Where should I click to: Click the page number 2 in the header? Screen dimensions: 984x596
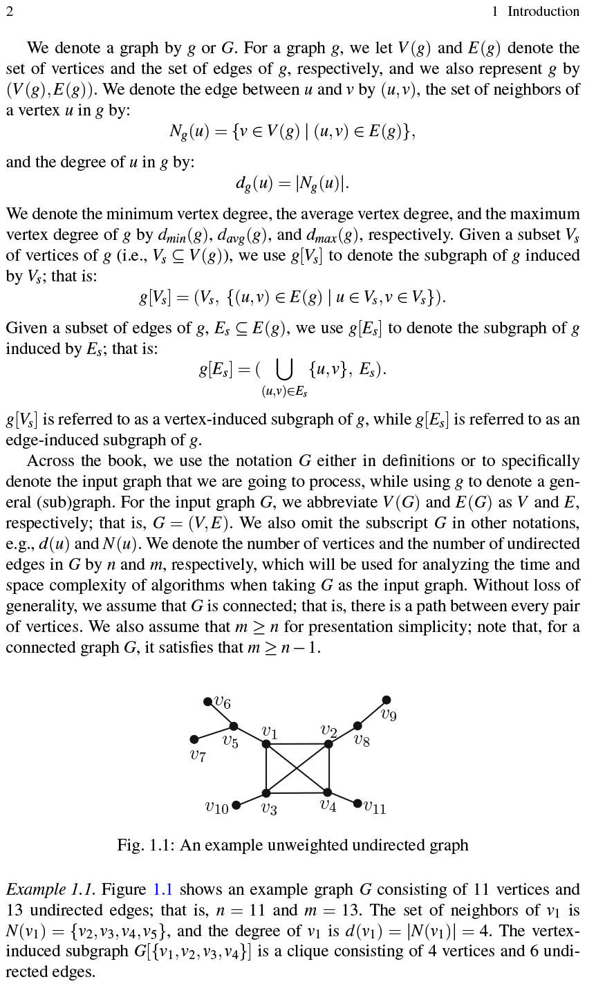tap(9, 11)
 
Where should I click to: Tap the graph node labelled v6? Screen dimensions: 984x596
tap(207, 702)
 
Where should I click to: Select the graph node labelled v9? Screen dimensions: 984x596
tap(387, 700)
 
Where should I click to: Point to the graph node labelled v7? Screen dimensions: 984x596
tap(194, 739)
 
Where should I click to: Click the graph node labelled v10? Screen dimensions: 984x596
tap(236, 805)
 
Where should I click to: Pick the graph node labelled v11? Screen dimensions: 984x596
tap(357, 804)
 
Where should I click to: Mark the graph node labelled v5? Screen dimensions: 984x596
tap(234, 726)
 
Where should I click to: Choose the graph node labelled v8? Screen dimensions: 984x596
tap(357, 726)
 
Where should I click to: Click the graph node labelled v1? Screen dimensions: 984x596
tap(266, 744)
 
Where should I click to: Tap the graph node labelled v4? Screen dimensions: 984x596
tap(328, 792)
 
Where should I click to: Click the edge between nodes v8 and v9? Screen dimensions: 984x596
tap(372, 713)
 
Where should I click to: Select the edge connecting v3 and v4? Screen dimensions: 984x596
tap(297, 792)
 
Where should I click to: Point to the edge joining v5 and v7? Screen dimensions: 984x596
tap(214, 733)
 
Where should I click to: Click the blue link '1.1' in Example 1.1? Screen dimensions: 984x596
tap(162, 889)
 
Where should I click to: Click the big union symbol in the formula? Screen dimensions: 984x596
tap(283, 371)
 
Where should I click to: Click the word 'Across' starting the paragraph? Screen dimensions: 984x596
tap(50, 461)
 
